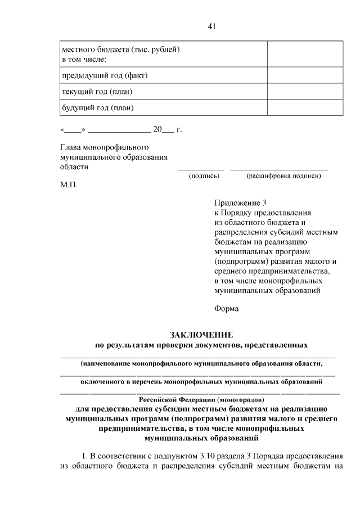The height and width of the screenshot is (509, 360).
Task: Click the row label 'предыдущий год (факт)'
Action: coord(104,75)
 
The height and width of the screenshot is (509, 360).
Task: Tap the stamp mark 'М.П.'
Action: coord(69,184)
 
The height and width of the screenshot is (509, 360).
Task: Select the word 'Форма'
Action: coord(226,308)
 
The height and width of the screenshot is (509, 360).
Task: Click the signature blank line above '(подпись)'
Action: coord(201,169)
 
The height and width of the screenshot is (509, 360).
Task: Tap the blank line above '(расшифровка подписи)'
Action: coord(279,169)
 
